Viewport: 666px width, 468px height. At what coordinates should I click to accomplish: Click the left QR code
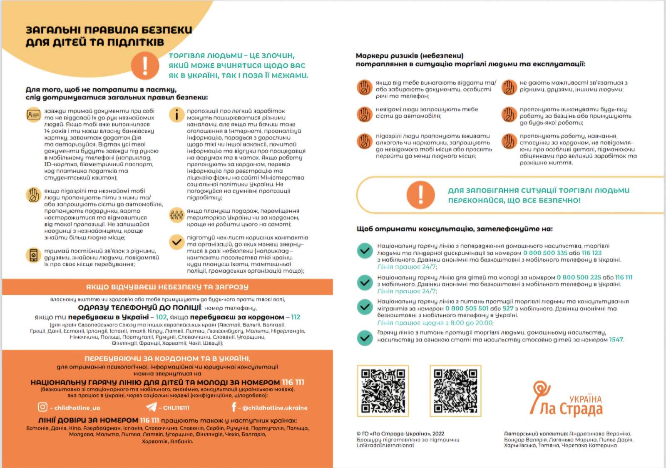pyautogui.click(x=383, y=391)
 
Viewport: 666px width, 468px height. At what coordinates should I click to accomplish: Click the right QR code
pyautogui.click(x=455, y=391)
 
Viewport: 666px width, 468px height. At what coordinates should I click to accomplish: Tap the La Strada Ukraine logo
pyautogui.click(x=566, y=400)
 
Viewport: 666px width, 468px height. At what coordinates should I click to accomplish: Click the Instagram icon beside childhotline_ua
pyautogui.click(x=42, y=407)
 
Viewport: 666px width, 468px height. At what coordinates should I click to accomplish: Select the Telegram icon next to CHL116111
pyautogui.click(x=152, y=407)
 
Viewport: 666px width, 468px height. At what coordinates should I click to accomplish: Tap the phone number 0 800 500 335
pyautogui.click(x=545, y=253)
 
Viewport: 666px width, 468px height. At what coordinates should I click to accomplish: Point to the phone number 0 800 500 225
pyautogui.click(x=579, y=277)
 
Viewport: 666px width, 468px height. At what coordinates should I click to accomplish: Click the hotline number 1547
pyautogui.click(x=616, y=340)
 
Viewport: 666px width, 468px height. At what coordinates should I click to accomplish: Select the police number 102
pyautogui.click(x=161, y=317)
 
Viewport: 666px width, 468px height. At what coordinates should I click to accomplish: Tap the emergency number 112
pyautogui.click(x=296, y=317)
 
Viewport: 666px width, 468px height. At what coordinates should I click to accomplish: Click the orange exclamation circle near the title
pyautogui.click(x=145, y=65)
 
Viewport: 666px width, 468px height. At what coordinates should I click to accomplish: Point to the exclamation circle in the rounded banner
pyautogui.click(x=420, y=195)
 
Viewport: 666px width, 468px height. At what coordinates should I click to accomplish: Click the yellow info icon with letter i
pyautogui.click(x=177, y=115)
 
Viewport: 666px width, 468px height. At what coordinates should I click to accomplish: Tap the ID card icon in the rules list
pyautogui.click(x=33, y=115)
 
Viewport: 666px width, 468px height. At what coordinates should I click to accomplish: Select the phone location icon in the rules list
pyautogui.click(x=33, y=255)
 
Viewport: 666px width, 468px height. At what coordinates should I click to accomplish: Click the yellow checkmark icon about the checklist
pyautogui.click(x=177, y=241)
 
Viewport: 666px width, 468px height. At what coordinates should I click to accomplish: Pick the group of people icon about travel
pyautogui.click(x=177, y=215)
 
